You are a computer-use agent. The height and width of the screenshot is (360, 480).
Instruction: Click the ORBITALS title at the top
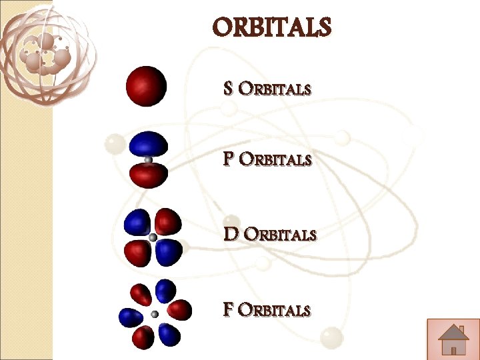(x=271, y=27)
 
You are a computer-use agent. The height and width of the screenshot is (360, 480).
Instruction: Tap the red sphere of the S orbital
(x=146, y=86)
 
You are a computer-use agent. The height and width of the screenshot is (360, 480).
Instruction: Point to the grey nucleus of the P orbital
(x=148, y=160)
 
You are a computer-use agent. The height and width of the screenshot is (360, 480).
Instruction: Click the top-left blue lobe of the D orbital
(x=137, y=223)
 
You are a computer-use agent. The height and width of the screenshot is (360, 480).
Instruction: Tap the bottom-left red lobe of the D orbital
(x=137, y=252)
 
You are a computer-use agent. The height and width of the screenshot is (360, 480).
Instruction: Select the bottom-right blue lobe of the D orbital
(x=168, y=251)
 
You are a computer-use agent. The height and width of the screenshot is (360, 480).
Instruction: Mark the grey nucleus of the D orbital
(x=153, y=237)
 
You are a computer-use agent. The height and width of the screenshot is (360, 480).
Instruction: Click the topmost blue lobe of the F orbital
(x=165, y=291)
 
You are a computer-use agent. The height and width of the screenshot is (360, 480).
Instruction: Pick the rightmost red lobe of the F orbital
(x=180, y=309)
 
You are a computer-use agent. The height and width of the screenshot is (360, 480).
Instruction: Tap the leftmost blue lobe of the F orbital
(x=129, y=317)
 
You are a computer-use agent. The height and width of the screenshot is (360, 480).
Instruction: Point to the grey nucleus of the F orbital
(x=155, y=314)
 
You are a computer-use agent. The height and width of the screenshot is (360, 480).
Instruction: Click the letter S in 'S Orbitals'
(x=229, y=89)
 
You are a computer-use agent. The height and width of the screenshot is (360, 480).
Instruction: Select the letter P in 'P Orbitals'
(x=229, y=160)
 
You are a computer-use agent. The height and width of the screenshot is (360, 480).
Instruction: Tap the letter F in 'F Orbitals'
(x=228, y=310)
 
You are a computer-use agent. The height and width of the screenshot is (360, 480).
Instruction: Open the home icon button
(x=453, y=339)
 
